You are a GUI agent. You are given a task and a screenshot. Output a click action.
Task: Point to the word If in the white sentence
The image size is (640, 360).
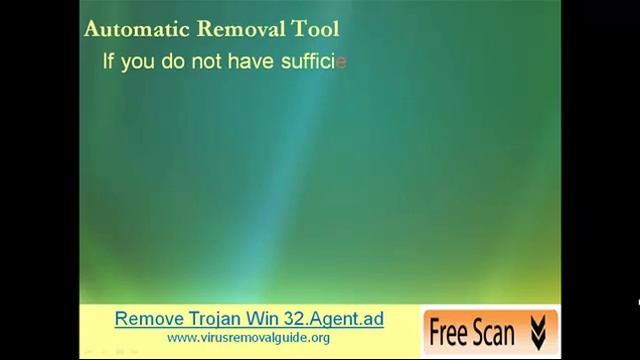coord(109,61)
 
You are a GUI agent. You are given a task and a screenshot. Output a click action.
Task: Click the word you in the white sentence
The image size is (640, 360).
coord(139,62)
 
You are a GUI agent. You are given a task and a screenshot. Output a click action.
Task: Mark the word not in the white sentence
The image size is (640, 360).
coord(209,61)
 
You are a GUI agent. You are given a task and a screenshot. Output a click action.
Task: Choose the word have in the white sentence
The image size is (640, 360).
coord(251,61)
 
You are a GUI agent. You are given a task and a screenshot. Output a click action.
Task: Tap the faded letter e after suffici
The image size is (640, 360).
coord(341,62)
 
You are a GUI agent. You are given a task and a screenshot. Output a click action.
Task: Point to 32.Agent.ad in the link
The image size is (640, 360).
coord(332,320)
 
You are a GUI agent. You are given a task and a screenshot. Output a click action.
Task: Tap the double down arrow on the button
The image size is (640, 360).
coord(539,328)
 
